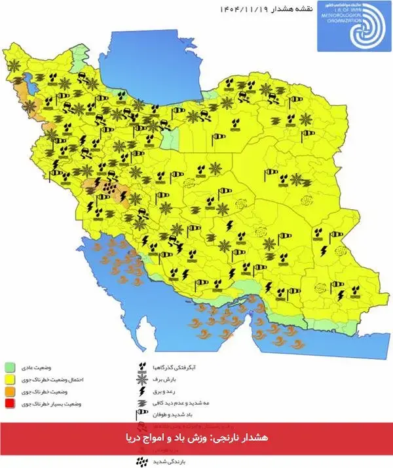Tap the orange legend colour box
tap(10, 392)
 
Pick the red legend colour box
tap(10, 404)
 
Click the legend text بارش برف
tap(166, 379)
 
